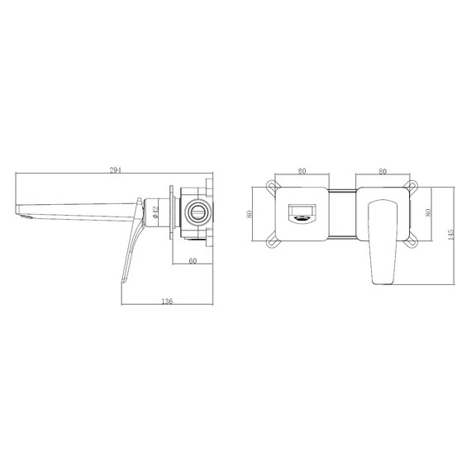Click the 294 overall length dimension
[117, 169]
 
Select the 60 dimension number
[193, 261]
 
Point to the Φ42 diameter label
[157, 213]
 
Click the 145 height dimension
[449, 235]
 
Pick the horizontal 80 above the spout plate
[302, 171]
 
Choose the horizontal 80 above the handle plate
[383, 171]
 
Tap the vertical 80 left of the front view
[249, 212]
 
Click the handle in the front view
[383, 240]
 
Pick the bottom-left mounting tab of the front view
[272, 241]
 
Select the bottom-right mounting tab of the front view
[412, 241]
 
